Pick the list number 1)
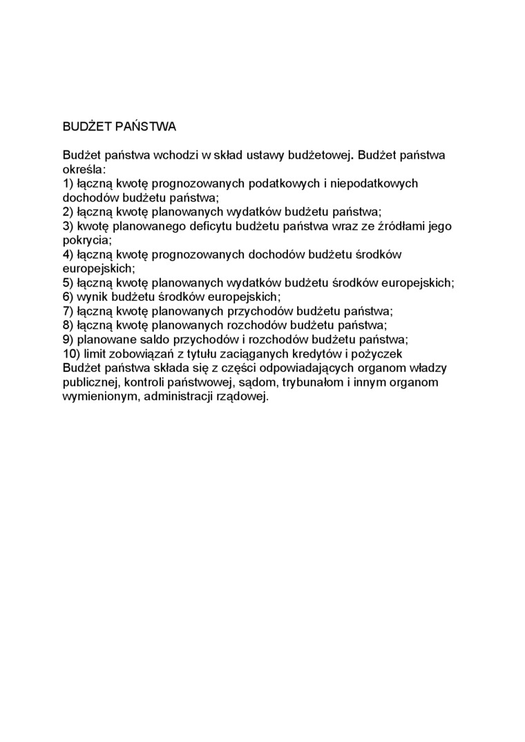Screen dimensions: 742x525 coord(68,184)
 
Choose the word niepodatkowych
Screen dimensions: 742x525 coord(374,184)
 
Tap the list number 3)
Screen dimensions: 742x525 coord(68,226)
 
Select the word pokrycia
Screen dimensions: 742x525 coord(86,240)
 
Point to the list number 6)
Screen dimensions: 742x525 coord(68,297)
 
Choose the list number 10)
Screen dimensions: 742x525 coord(71,353)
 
